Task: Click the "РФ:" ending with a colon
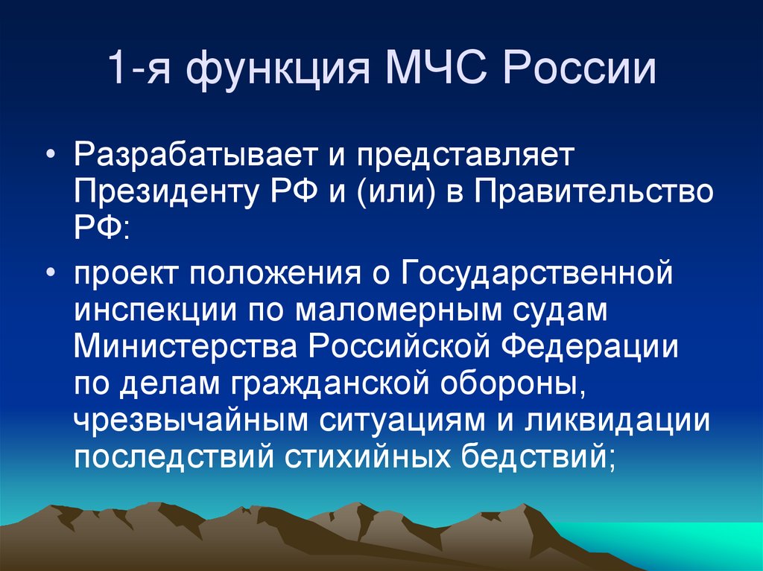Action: coord(101,226)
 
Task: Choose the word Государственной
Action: coord(539,275)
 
